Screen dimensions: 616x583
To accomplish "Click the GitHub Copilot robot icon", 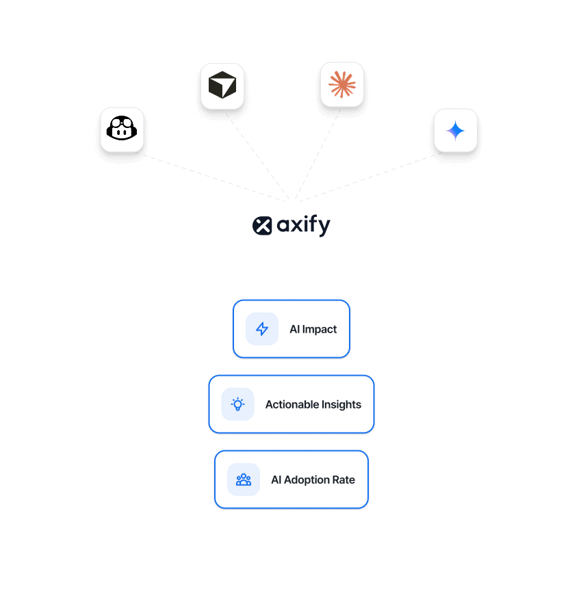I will coord(122,129).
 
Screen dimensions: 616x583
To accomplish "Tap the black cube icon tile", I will coord(222,86).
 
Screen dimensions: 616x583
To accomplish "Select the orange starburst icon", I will coord(342,84).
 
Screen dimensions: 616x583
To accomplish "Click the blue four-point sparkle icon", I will coord(455,130).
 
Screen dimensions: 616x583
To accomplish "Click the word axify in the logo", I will coord(303,226).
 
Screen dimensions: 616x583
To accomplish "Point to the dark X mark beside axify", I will coord(262,225).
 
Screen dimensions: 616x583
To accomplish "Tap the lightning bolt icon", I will coord(262,329).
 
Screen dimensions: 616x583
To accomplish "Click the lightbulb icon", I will coord(237,405).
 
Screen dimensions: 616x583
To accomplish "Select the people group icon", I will coord(244,480).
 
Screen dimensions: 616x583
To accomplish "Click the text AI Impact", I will coord(313,329).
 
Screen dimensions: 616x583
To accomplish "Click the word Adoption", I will coord(307,480).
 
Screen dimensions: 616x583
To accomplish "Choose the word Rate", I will coord(344,480).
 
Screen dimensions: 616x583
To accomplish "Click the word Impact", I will coord(320,329).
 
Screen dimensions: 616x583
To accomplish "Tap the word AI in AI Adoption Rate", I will coord(276,480).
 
